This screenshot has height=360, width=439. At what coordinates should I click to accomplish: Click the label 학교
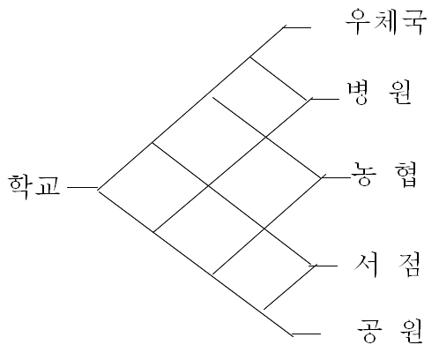point(34,186)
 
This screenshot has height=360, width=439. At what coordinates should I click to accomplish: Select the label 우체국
point(386,22)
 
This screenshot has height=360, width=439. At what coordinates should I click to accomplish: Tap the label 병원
point(380,93)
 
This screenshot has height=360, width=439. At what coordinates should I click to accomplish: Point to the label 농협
point(384,174)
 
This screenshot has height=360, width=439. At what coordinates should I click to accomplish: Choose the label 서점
point(387,265)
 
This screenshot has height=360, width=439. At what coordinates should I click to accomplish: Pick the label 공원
point(390,331)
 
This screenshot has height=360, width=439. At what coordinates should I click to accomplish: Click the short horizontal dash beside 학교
point(82,187)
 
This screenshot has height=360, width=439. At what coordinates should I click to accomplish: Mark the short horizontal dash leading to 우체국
point(297,27)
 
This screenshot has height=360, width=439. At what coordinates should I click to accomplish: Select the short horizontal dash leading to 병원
point(324,99)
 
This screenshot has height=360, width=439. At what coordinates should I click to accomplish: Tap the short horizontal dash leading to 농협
point(337,177)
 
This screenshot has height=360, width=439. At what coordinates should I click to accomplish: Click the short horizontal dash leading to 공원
point(306,334)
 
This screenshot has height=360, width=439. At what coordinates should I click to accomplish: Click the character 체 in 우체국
point(386,21)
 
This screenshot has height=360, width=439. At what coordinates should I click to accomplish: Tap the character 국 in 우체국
point(415,22)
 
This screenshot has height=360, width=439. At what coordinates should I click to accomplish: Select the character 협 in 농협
point(406,175)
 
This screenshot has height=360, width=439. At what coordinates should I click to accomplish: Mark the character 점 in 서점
point(409,265)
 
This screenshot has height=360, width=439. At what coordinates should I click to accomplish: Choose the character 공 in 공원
point(369,331)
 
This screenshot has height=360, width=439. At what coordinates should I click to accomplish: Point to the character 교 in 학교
point(48,187)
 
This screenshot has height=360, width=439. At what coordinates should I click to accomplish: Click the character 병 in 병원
point(358,93)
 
